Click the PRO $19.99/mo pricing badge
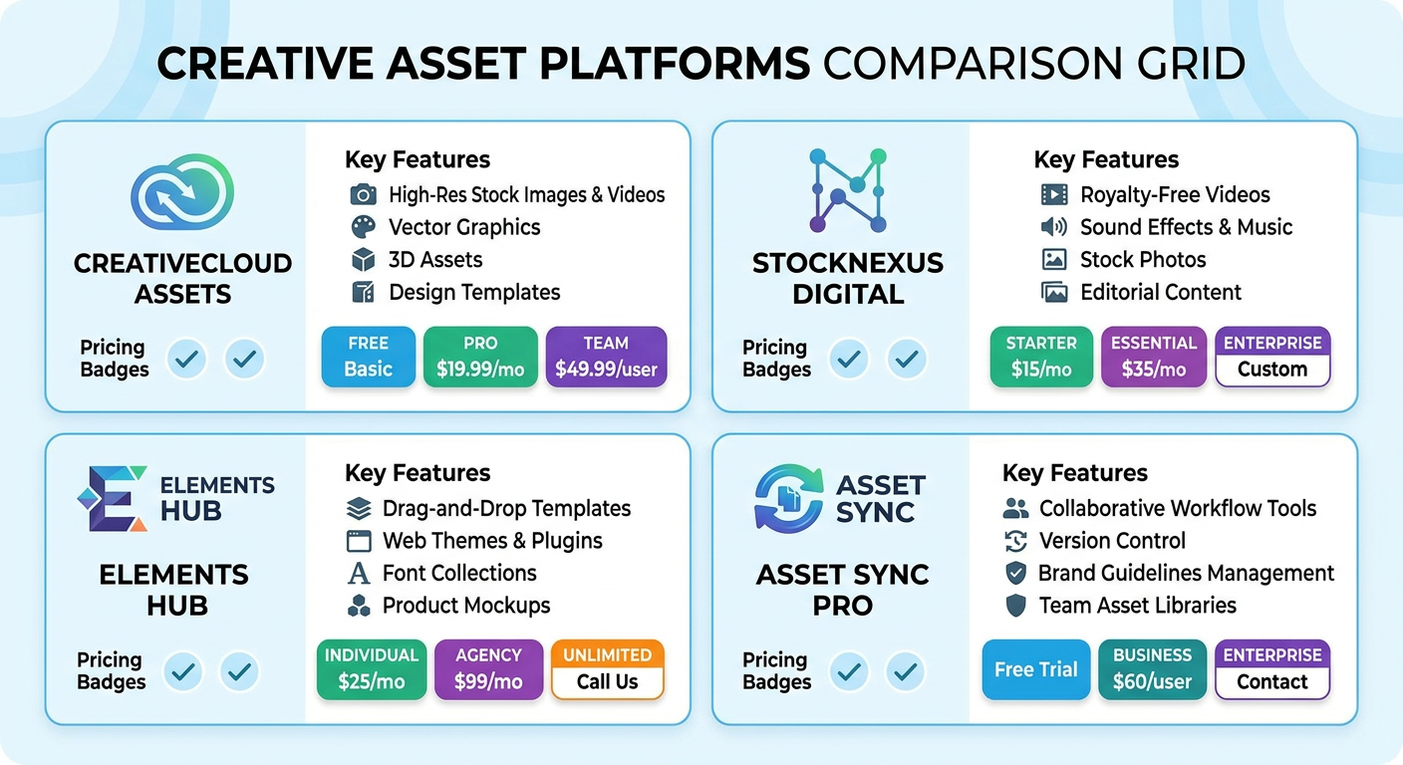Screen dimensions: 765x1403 480,357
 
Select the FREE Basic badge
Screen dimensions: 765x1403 368,357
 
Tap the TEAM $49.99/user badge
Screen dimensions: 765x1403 606,357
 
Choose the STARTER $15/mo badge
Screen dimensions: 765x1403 1041,357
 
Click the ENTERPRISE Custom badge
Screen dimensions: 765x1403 1272,357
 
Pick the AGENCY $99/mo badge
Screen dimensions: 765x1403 488,669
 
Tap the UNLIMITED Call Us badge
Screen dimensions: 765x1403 607,669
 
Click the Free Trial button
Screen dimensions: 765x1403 1036,669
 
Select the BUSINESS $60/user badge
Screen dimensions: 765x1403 1152,669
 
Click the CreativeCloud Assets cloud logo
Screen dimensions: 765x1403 182,192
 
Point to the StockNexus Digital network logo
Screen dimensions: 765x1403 847,190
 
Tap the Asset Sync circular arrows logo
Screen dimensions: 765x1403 788,499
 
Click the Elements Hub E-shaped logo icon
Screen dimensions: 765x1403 112,499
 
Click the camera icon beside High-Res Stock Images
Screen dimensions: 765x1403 363,194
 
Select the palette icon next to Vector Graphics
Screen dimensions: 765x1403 363,227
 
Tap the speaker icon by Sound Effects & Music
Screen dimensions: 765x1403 1053,227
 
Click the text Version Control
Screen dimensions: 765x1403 1112,541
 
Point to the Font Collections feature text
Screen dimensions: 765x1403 459,573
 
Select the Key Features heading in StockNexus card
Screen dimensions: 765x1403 1106,160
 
